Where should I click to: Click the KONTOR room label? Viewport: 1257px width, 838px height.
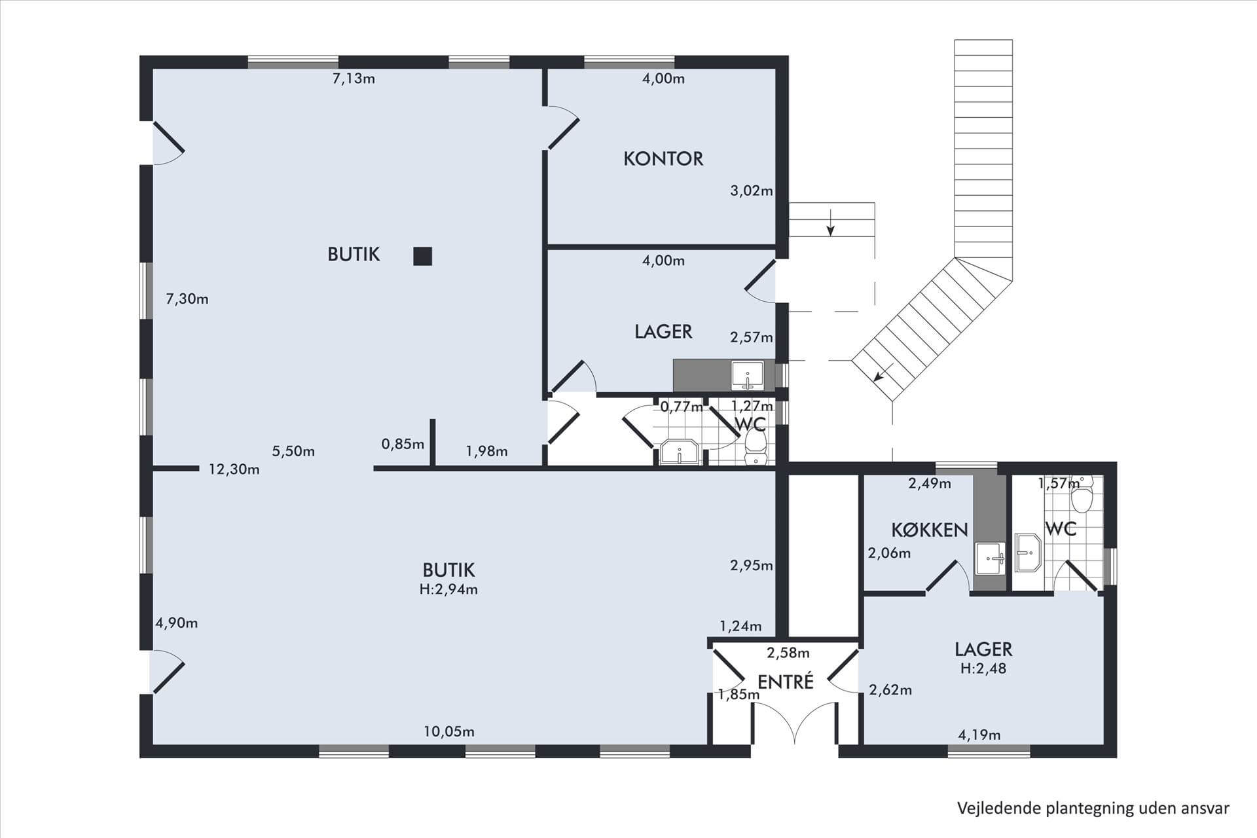[663, 158]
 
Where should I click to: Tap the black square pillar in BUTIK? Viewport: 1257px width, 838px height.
[423, 256]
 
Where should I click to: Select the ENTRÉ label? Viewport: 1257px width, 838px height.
[785, 682]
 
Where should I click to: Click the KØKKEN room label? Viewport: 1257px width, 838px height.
[930, 530]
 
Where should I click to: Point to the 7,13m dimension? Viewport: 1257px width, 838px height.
[354, 79]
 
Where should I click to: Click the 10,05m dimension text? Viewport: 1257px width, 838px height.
[448, 732]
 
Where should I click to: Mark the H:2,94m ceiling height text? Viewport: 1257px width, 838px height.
[448, 589]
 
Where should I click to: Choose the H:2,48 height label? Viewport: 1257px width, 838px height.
[983, 668]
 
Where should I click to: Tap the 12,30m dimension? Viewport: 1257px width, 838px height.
[234, 469]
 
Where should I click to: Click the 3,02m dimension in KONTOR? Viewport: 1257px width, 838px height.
[752, 191]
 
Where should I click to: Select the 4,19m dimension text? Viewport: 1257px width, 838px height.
[979, 735]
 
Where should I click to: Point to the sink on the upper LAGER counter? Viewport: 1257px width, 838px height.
[747, 376]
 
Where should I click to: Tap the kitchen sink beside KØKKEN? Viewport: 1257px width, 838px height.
[989, 558]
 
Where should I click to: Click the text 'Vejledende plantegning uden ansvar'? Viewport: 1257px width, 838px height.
[1093, 809]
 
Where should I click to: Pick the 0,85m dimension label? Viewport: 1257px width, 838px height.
[403, 445]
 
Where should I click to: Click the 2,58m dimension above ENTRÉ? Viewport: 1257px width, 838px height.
[788, 653]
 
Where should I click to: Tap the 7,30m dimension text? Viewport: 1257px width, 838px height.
[187, 299]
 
